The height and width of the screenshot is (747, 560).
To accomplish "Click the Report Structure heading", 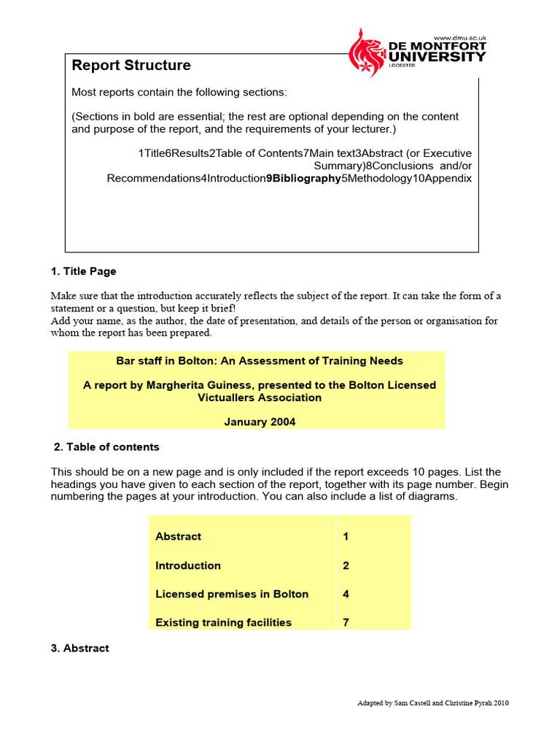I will click(x=131, y=66).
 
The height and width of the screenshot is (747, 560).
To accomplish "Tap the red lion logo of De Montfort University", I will click(x=367, y=53).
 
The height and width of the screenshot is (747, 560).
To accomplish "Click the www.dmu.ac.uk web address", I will click(x=459, y=37).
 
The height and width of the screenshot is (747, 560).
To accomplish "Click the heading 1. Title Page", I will click(x=83, y=271).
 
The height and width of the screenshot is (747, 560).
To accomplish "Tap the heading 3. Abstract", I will click(x=80, y=648).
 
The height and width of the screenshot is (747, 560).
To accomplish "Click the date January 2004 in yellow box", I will click(x=260, y=422).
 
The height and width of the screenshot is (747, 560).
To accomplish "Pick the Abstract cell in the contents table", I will click(x=178, y=536).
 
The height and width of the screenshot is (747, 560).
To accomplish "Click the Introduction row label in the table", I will click(x=187, y=565).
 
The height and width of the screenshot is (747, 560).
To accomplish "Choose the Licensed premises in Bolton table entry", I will click(x=232, y=594).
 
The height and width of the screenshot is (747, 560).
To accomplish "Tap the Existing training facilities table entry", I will click(x=223, y=622).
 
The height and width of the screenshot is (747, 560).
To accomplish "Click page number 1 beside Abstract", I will click(x=346, y=536).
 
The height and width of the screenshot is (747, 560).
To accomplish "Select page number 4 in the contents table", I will click(x=346, y=594).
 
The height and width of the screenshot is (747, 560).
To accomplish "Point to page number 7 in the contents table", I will click(x=346, y=622).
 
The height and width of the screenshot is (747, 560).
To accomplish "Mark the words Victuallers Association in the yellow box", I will click(x=260, y=398).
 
